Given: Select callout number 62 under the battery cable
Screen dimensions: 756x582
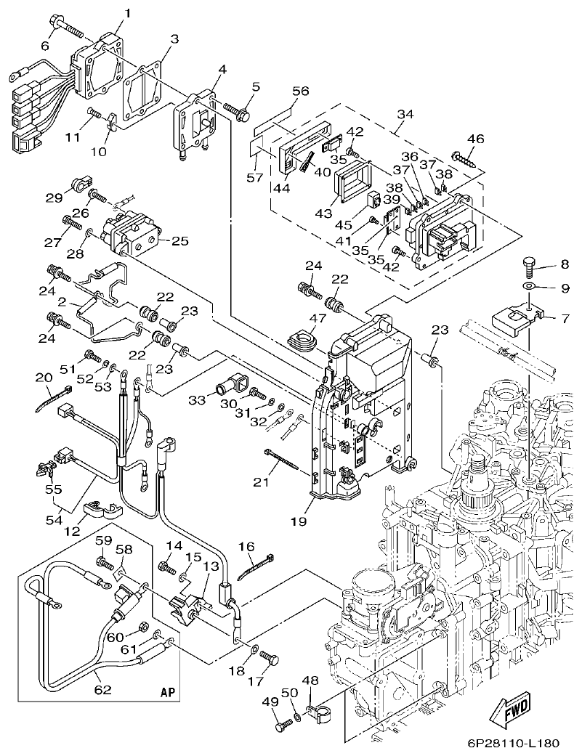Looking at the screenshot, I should click(x=103, y=689).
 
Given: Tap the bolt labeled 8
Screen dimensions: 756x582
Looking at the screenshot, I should click(x=530, y=267).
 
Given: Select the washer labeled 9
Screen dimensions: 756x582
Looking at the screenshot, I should click(x=530, y=288).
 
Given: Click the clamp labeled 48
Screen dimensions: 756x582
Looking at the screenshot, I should click(x=318, y=716).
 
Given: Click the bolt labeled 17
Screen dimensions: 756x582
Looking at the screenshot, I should click(x=271, y=659).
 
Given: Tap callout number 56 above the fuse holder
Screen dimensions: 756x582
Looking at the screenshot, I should click(x=301, y=92).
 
